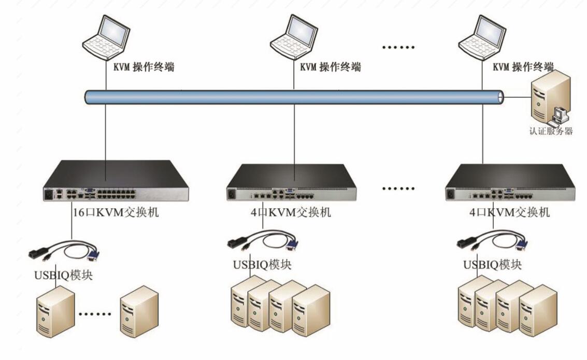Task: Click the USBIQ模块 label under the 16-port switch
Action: pyautogui.click(x=64, y=274)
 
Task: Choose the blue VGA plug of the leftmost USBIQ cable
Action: pyautogui.click(x=94, y=254)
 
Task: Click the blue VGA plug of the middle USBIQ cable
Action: pyautogui.click(x=293, y=244)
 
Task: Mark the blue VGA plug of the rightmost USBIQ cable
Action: pyautogui.click(x=522, y=243)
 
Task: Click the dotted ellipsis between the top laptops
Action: pyautogui.click(x=398, y=48)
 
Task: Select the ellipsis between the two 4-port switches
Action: pyautogui.click(x=398, y=188)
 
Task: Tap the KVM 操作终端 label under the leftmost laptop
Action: pyautogui.click(x=144, y=67)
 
